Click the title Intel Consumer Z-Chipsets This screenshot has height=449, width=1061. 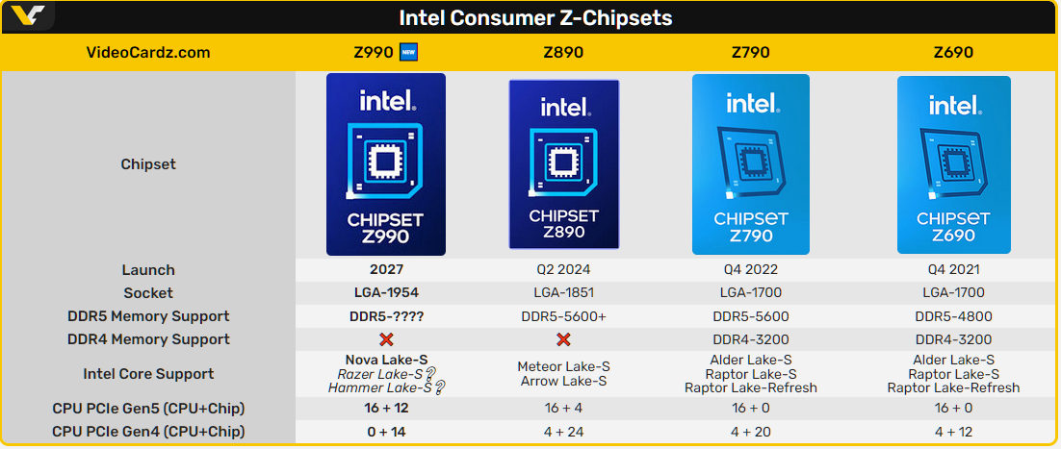point(535,17)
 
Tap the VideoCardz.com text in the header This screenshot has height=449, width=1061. point(148,52)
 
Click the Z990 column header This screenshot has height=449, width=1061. point(375,52)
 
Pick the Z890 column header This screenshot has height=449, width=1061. point(563,52)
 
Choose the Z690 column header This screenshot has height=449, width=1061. point(953,52)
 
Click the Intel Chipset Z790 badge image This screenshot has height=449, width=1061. point(751,164)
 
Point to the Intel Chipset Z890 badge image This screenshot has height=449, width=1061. point(563,164)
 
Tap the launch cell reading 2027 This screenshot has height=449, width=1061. point(386,270)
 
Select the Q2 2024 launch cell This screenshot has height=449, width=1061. point(563,270)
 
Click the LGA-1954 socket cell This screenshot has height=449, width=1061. point(386,292)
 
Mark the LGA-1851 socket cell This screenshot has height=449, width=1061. point(563,292)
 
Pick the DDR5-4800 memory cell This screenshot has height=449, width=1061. point(953,316)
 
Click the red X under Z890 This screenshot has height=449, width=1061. point(564,339)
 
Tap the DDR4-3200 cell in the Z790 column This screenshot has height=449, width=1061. point(751,339)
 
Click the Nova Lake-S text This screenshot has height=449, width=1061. point(386,360)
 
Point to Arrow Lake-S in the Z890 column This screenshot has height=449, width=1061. point(563,381)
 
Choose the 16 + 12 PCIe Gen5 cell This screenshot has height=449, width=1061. point(386,409)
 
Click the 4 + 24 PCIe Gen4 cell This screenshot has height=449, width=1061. point(563,432)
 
